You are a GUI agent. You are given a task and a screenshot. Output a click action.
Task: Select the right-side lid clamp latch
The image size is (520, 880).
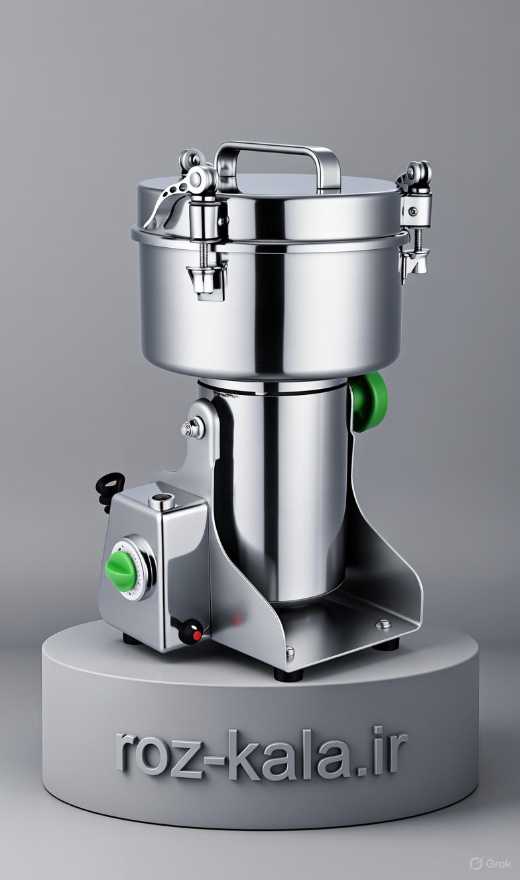tap(415, 220)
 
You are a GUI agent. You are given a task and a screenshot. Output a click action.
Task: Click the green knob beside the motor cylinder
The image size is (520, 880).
tap(369, 402)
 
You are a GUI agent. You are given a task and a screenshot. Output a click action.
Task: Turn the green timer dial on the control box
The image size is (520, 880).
tap(122, 571)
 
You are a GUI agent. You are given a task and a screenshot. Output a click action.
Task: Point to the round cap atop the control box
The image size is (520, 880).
tap(162, 502)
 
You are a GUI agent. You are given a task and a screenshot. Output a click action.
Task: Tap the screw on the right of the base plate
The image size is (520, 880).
tap(383, 624)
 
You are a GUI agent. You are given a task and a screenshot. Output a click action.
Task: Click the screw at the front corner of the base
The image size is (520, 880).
tap(291, 652)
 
